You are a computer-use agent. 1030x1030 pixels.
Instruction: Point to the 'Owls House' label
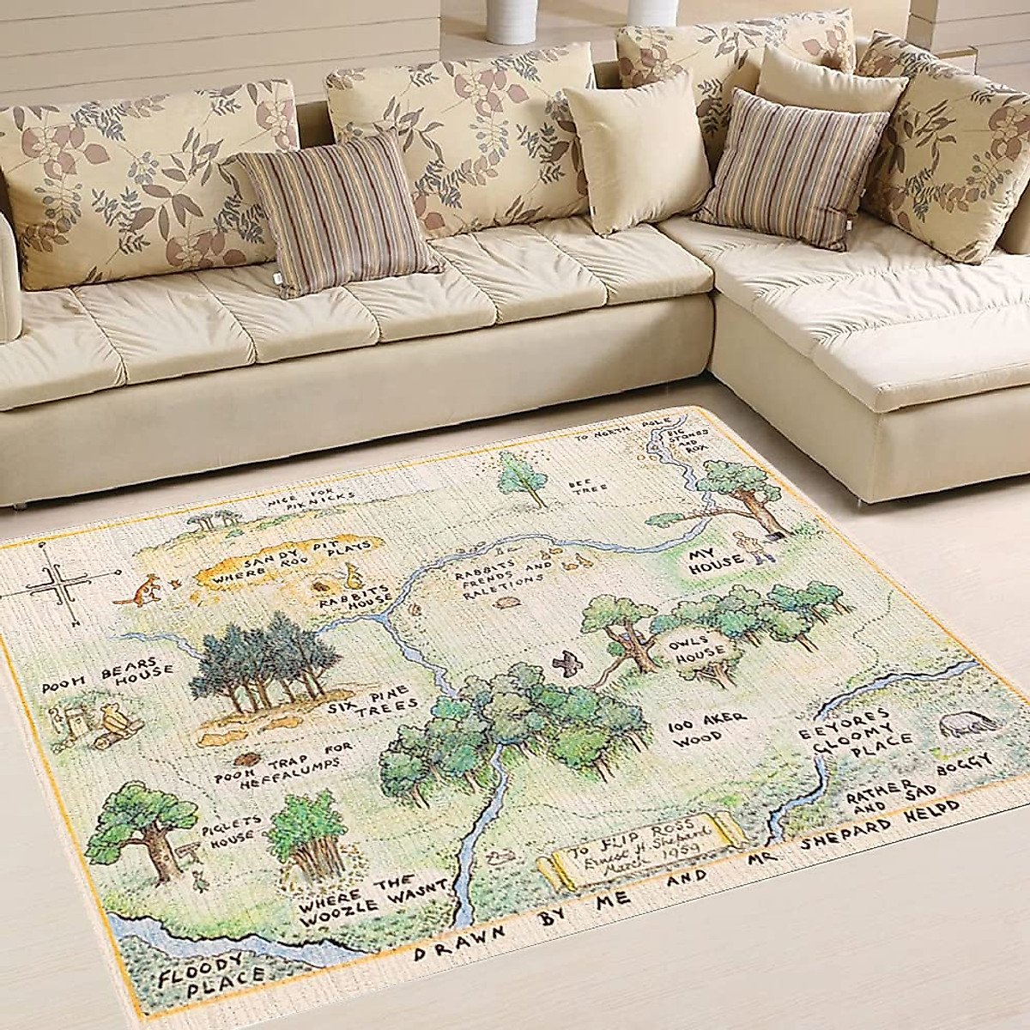698,648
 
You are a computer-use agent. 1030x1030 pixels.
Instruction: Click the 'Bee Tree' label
588,488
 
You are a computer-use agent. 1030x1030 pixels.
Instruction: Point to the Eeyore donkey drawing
968,725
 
